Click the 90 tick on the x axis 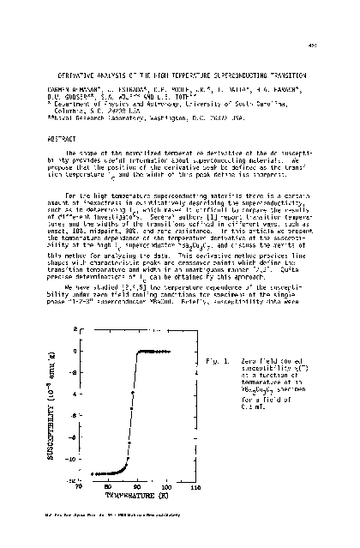click(x=136, y=486)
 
